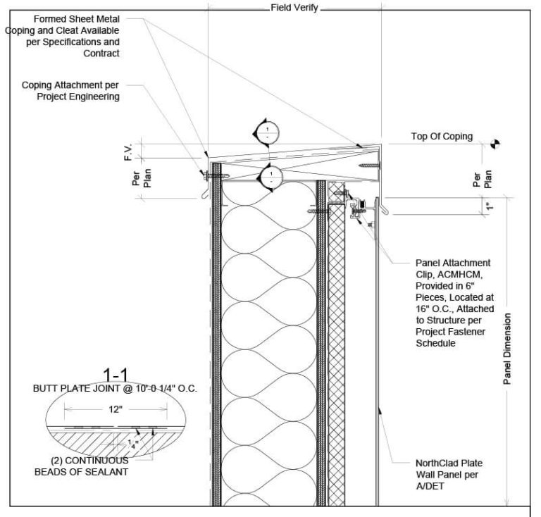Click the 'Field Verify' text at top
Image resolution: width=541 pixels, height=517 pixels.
click(x=295, y=8)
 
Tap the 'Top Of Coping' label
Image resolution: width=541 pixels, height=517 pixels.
click(x=442, y=137)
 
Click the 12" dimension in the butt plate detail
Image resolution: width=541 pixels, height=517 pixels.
click(x=116, y=408)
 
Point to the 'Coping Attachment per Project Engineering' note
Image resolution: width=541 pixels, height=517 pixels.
click(x=70, y=92)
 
